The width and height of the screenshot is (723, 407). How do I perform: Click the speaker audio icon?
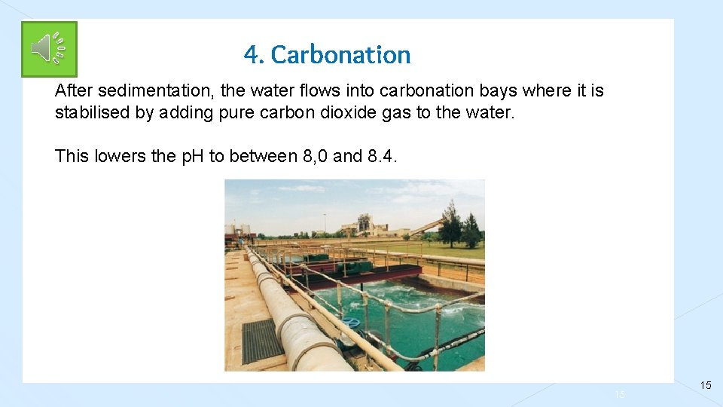click(x=49, y=49)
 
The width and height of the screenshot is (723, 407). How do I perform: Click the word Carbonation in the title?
click(x=340, y=54)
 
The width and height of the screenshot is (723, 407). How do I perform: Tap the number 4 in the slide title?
click(x=251, y=54)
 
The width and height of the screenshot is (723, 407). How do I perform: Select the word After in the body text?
click(x=74, y=91)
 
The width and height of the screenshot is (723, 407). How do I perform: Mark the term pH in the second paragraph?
click(x=192, y=156)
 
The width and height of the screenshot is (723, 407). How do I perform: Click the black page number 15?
click(x=706, y=385)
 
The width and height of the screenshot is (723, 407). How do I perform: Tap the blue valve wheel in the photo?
click(x=350, y=323)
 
